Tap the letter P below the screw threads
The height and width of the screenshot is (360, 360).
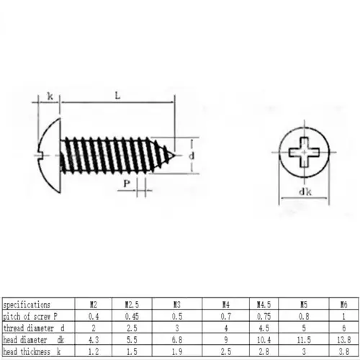(126, 185)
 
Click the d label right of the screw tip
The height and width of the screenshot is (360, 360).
(192, 155)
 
